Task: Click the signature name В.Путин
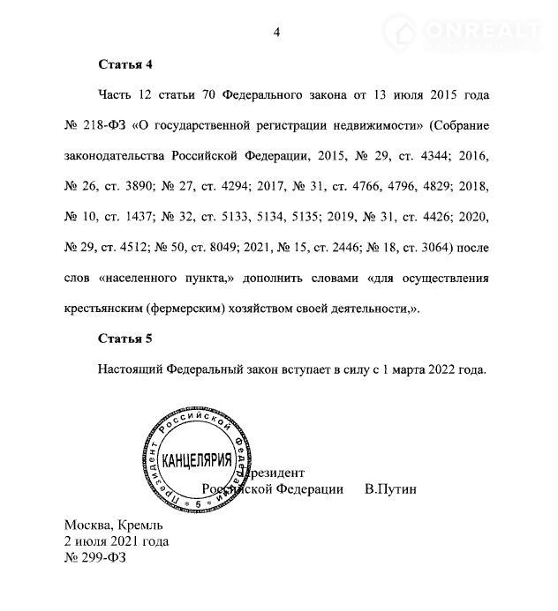click(389, 488)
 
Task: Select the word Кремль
click(134, 525)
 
